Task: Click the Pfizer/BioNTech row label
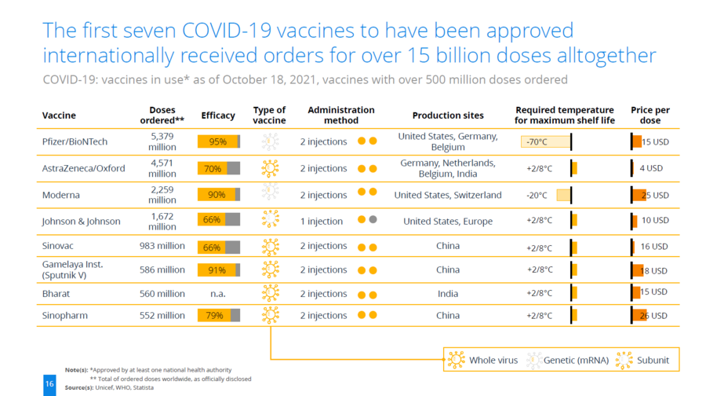point(75,141)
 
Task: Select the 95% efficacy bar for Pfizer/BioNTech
point(218,141)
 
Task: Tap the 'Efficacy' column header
point(218,115)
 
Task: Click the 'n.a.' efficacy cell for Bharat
point(218,294)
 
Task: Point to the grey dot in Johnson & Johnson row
point(373,220)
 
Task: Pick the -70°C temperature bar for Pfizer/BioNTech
point(546,142)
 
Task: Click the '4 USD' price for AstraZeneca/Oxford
point(651,168)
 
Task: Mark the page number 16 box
point(49,385)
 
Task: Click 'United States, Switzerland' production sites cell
point(448,195)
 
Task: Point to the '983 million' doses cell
point(162,246)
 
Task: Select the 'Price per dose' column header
point(650,115)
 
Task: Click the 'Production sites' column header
point(448,115)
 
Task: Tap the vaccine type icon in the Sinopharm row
point(270,315)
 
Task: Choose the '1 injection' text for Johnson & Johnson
point(322,222)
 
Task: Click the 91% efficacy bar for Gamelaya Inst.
point(218,270)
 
